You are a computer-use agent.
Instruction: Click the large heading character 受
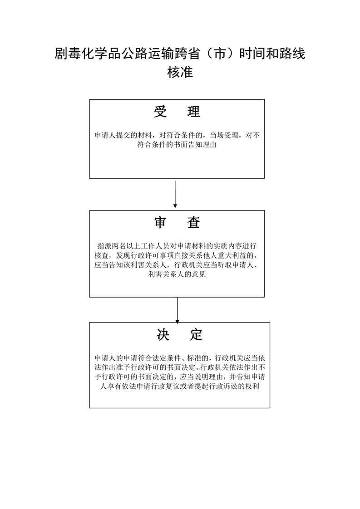point(161,112)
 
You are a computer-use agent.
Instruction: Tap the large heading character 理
point(193,112)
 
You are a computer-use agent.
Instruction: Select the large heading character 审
point(161,222)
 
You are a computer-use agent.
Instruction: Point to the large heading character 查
point(193,222)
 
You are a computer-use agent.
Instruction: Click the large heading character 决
point(163,334)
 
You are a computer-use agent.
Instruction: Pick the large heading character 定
point(196,334)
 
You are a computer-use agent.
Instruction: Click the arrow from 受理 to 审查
point(175,194)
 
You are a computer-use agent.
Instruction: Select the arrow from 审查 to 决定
point(177,309)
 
